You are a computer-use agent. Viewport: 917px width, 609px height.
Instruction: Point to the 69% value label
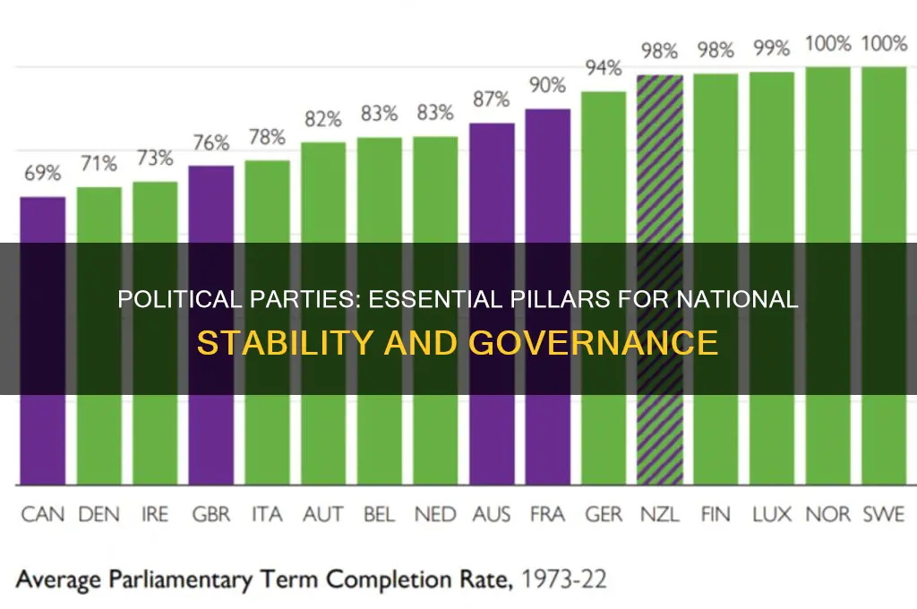[43, 175]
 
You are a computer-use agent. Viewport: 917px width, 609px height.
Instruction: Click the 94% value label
[604, 69]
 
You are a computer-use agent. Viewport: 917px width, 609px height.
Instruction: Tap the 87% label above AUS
[492, 100]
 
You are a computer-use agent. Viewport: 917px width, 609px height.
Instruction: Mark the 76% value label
[211, 143]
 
